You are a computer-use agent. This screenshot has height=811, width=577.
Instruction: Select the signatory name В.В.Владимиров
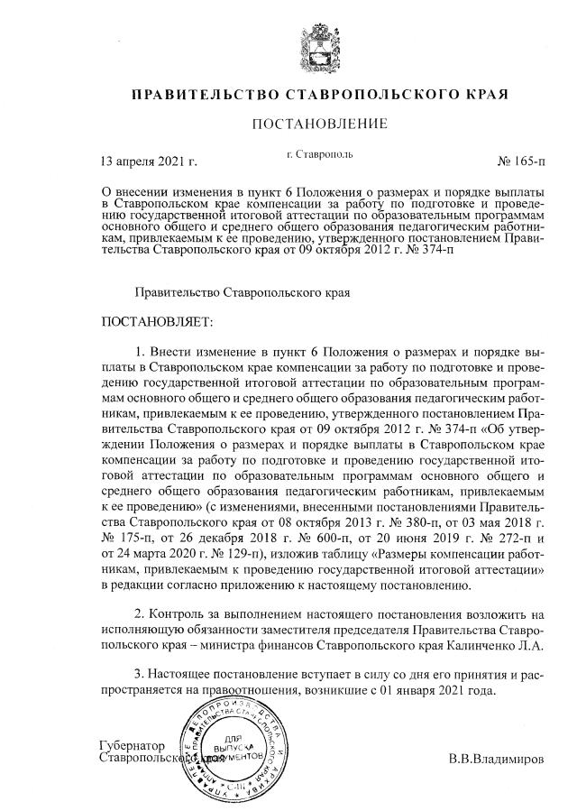(497, 759)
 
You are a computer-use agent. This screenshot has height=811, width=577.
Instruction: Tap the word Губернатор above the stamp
(133, 746)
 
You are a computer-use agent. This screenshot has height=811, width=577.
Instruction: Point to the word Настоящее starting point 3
(191, 675)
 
